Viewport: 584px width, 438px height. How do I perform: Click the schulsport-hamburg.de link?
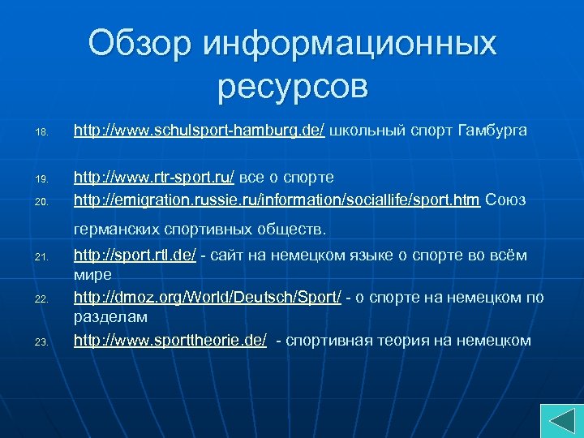[200, 130]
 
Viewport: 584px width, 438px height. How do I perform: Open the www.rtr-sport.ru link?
[154, 177]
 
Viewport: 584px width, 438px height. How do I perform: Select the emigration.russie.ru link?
[277, 199]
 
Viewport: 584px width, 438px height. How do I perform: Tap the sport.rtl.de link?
[135, 256]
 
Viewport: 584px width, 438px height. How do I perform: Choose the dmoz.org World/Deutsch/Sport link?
[208, 298]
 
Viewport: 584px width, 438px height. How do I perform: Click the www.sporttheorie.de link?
[170, 340]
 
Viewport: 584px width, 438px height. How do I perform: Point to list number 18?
[42, 131]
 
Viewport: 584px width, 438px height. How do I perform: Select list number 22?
[42, 299]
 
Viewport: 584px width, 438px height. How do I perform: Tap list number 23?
[42, 341]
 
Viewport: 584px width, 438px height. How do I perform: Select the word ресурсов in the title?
[292, 84]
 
